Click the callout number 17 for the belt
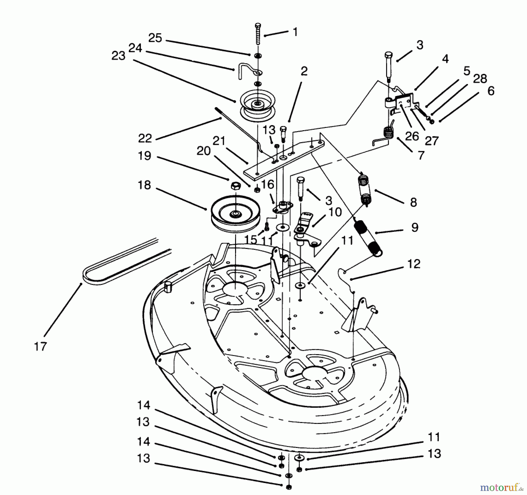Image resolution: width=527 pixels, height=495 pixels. tap(40, 347)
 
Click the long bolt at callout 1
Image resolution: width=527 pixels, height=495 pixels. tap(258, 34)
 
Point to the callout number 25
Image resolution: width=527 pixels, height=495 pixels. tap(155, 38)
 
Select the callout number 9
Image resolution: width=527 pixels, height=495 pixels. tap(415, 227)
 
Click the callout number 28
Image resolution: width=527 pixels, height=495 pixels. tap(480, 78)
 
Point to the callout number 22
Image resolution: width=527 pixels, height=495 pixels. tap(145, 138)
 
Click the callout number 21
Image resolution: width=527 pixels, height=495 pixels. tap(219, 141)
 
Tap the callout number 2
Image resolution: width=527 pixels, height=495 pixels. tap(304, 71)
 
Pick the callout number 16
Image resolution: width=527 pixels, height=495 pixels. tap(267, 184)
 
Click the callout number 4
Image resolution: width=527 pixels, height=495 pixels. tap(445, 59)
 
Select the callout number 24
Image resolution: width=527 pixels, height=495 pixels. tap(135, 48)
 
